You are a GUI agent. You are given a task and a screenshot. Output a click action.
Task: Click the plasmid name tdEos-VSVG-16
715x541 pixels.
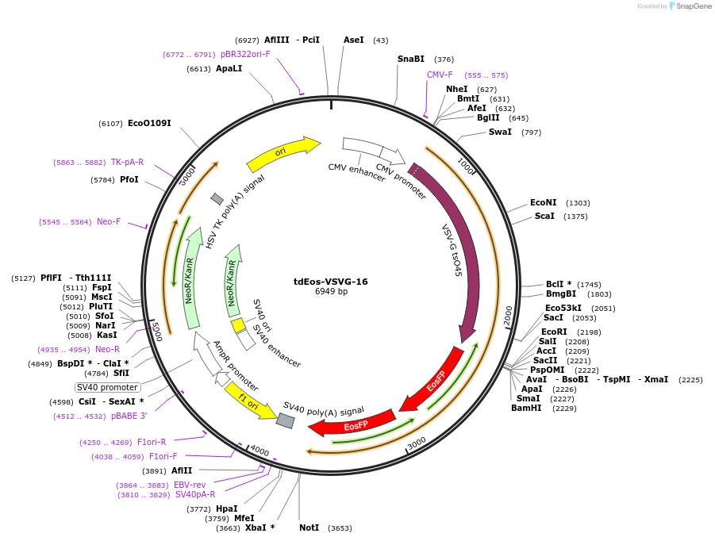pos(330,282)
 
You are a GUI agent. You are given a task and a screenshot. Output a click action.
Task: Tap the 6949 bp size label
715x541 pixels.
pos(331,292)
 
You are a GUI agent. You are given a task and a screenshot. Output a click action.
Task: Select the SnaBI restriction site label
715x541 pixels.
pos(411,59)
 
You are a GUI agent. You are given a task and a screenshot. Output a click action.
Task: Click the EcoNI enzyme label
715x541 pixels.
pos(544,203)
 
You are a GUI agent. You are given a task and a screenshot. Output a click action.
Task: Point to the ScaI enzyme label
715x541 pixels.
pos(544,217)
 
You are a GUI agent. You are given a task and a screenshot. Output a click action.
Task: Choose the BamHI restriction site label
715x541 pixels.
pos(526,409)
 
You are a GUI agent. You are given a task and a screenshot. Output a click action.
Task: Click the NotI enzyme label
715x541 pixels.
pos(309,528)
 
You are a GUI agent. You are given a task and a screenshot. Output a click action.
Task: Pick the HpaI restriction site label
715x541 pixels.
pos(227,508)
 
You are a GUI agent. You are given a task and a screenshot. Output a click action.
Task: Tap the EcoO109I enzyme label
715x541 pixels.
pos(149,124)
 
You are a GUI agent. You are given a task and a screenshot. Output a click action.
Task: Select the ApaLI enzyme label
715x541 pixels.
pos(229,69)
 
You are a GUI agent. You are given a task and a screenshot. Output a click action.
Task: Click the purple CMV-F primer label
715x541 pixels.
pos(440,75)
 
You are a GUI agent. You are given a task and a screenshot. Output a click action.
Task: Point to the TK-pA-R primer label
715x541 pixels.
pos(127,162)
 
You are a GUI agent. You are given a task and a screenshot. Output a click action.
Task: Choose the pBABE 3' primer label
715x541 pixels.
pos(129,416)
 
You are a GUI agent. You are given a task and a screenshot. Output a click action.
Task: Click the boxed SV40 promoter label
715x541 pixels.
pos(107,387)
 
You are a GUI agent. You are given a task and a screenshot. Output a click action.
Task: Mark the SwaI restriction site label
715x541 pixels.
pos(500,132)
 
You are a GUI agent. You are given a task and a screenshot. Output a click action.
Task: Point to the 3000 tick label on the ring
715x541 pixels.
pos(416,443)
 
